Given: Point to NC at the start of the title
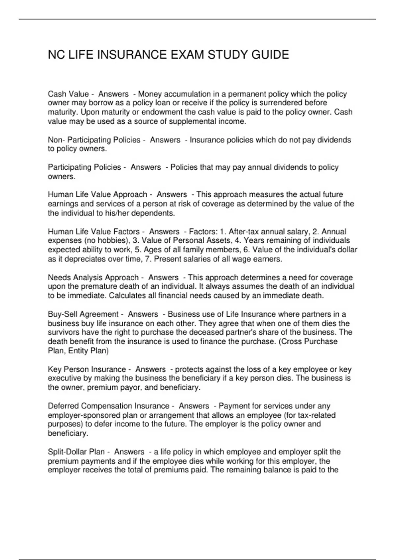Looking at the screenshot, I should (x=56, y=55).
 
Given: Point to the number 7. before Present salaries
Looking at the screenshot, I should (x=148, y=259).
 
